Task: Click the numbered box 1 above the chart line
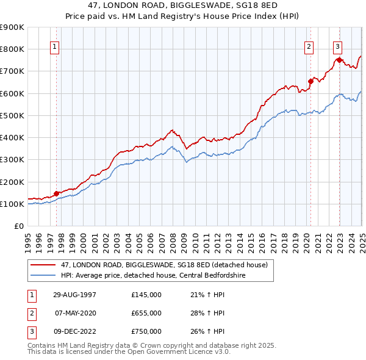click(55, 46)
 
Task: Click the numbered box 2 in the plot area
click(309, 46)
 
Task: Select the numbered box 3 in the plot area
click(337, 46)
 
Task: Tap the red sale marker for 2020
click(310, 81)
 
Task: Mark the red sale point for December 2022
click(339, 60)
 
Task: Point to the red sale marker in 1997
click(57, 194)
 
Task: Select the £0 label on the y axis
click(19, 226)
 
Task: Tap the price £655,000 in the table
click(146, 313)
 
